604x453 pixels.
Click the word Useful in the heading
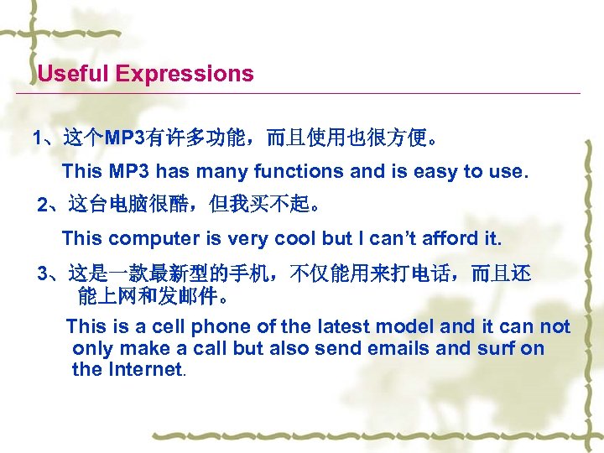(x=73, y=74)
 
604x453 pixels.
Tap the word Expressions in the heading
(x=185, y=74)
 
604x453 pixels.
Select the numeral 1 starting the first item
(x=36, y=137)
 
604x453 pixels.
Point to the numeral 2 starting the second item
(x=44, y=204)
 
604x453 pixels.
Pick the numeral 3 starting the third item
(x=44, y=273)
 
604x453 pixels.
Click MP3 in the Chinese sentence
(x=124, y=137)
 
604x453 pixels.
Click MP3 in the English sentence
(x=129, y=172)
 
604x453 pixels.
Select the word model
(x=409, y=326)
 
